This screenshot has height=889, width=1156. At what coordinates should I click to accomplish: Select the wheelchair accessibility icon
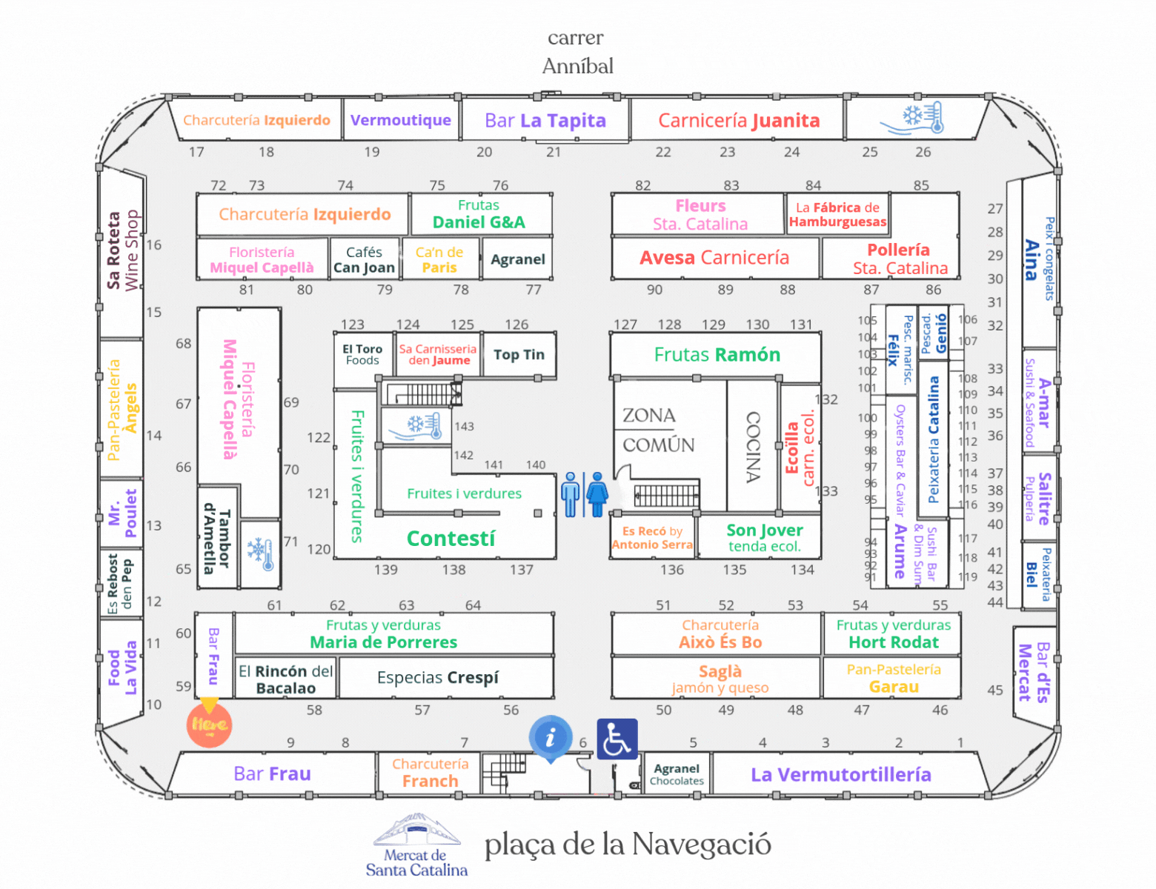coord(617,739)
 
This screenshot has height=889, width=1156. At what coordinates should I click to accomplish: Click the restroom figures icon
coord(584,494)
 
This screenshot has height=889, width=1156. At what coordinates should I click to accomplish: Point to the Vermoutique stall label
coord(401,120)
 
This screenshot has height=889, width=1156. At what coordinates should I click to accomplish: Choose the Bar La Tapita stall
coord(545,121)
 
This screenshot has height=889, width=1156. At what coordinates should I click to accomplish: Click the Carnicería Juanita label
coord(739,121)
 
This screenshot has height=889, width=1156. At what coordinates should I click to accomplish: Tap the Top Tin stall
coord(519,355)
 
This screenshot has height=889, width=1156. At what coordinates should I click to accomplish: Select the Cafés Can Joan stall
coord(365,259)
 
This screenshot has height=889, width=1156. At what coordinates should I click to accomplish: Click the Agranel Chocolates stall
coord(677,774)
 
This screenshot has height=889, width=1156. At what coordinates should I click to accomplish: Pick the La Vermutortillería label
coord(841,775)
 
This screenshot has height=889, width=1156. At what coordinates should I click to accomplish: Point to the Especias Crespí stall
coord(438,677)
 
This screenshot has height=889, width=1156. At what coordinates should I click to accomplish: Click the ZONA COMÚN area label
coord(659,430)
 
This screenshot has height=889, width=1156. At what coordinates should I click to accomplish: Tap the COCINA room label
coord(754,447)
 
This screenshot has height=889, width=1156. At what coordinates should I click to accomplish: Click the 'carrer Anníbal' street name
coord(577,52)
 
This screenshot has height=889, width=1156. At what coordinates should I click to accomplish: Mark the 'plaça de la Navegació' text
coord(628,845)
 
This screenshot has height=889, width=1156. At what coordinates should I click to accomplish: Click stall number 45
coord(994,690)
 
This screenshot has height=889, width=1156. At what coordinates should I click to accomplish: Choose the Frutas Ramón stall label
coord(717,355)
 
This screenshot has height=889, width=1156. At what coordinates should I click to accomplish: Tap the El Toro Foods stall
coord(362,355)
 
